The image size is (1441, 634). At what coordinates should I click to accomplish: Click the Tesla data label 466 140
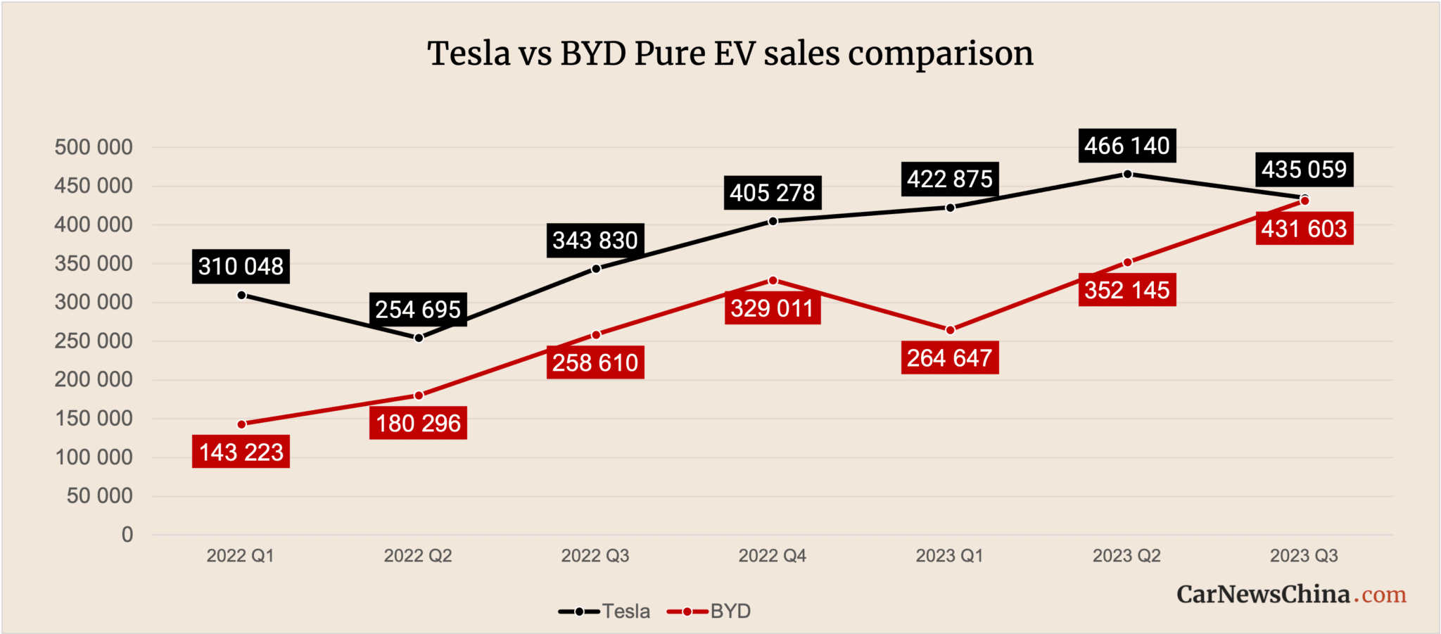pos(1126,146)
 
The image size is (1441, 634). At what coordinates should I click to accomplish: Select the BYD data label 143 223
pos(241,452)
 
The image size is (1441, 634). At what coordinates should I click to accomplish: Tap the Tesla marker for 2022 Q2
pos(419,338)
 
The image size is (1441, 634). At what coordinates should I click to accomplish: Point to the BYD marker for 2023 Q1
pos(951,330)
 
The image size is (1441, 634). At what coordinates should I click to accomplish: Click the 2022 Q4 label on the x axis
pos(772,556)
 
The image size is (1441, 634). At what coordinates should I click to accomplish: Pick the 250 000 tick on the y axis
pos(94,341)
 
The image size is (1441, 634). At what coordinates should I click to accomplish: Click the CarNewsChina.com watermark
pos(1291,595)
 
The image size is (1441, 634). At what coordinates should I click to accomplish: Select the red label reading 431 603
pos(1304,229)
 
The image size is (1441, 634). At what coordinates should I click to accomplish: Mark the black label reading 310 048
pos(241,267)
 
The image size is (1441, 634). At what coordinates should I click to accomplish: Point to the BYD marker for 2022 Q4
pos(773,280)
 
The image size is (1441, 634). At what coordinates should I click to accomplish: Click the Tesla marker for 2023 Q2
pos(1127,174)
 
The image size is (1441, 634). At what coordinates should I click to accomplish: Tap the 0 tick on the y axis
pos(127,535)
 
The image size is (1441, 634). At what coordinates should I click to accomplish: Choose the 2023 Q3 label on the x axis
pos(1304,556)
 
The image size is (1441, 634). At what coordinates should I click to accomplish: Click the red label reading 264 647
pos(949,358)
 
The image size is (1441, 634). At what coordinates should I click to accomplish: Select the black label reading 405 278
pos(772,193)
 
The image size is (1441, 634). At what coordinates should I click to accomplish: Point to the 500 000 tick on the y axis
pos(94,147)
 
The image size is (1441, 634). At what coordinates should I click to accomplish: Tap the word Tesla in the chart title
pos(469,54)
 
